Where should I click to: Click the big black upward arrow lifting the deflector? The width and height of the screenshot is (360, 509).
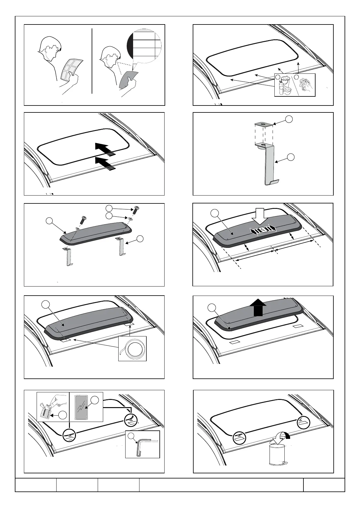click(258, 307)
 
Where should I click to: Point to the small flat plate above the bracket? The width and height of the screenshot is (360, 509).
click(263, 124)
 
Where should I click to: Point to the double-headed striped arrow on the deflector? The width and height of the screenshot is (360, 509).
click(263, 230)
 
